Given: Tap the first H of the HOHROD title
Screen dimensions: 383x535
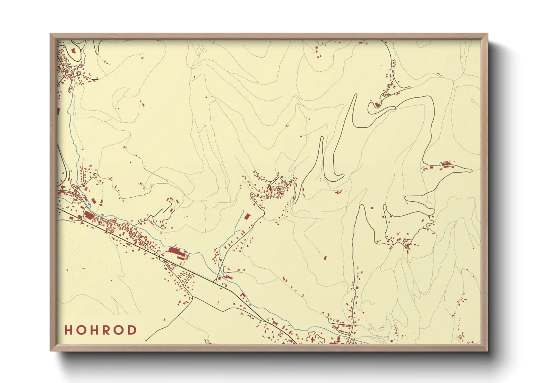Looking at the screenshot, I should click(68, 330).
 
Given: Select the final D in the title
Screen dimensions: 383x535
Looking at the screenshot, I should click(133, 330).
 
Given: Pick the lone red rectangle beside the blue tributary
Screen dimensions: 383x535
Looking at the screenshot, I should click(248, 216).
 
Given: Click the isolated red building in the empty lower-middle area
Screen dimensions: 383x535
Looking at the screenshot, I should click(325, 258).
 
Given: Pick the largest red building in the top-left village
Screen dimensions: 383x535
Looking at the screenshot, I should click(74, 51).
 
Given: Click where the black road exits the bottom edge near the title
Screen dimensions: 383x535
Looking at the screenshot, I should click(145, 341).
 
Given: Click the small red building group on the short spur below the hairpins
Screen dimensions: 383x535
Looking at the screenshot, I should click(339, 192).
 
